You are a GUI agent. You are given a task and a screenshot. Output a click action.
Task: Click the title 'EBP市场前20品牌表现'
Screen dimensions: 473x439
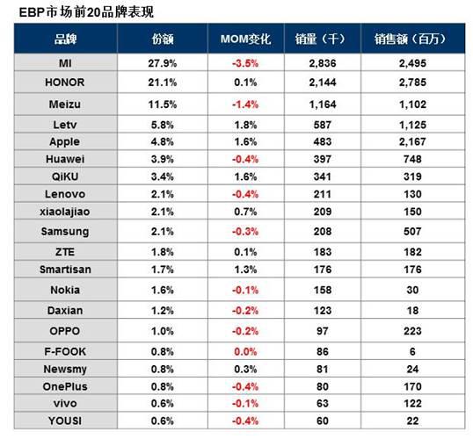point(86,12)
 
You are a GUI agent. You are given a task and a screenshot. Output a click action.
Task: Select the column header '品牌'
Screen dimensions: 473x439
point(65,40)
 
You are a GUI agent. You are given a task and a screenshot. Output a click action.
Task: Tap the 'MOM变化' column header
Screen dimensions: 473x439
point(245,40)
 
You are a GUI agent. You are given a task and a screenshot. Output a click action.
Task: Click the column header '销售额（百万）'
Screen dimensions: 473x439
point(410,40)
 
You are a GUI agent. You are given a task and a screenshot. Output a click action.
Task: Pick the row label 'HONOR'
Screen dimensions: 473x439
point(64,83)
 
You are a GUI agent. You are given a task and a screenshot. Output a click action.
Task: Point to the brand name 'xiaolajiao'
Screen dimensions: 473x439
point(65,212)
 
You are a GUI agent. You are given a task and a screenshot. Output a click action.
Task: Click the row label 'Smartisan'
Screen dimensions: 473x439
point(65,270)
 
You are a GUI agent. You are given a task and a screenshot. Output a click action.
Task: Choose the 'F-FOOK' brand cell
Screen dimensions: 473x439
point(65,351)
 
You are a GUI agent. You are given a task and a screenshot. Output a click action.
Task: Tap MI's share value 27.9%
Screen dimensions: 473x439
point(163,63)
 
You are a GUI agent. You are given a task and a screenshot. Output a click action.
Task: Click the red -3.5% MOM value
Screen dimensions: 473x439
point(245,63)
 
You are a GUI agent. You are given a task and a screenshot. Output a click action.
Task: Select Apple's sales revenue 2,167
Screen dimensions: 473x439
point(412,141)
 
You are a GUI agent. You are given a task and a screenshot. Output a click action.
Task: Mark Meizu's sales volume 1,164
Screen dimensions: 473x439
point(323,104)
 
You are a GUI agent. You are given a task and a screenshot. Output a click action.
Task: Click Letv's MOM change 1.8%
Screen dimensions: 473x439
point(245,125)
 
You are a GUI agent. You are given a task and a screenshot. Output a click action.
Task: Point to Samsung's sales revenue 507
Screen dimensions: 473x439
point(412,232)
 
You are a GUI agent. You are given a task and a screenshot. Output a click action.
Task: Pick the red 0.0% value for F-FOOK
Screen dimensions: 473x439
point(245,351)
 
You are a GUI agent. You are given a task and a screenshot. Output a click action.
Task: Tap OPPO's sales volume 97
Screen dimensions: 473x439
point(323,331)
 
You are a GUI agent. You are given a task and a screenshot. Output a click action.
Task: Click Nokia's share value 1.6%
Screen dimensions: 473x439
point(163,290)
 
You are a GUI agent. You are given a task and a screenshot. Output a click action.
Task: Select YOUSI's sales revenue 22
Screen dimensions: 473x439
point(412,421)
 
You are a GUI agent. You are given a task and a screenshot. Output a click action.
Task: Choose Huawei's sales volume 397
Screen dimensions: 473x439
point(323,159)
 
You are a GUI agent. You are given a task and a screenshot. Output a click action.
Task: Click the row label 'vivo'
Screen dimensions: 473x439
point(65,404)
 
